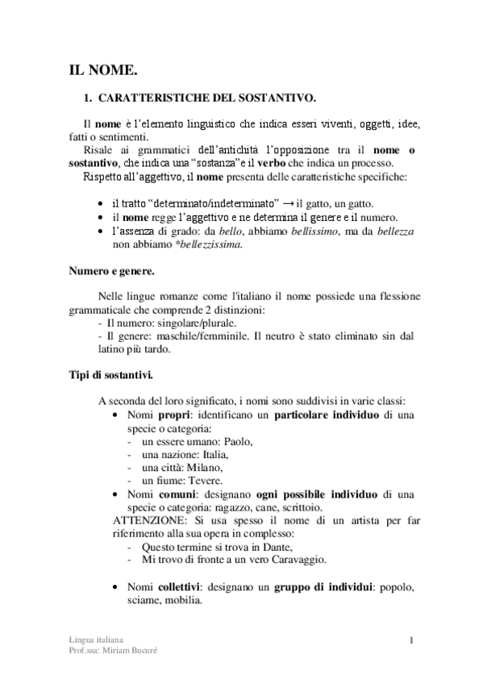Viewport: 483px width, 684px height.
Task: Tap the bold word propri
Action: click(x=173, y=414)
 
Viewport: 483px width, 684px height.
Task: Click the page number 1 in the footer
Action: click(x=411, y=641)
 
